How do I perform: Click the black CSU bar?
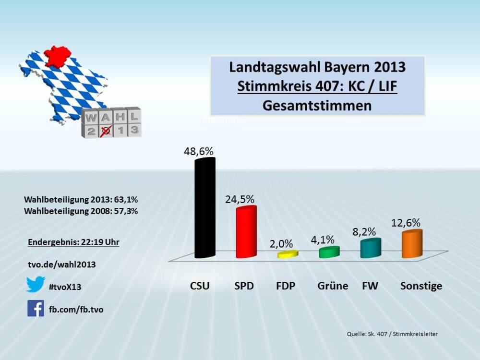pyautogui.click(x=204, y=209)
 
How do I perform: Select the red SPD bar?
pyautogui.click(x=246, y=233)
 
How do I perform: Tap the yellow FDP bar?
pyautogui.click(x=288, y=254)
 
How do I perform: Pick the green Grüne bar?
pyautogui.click(x=329, y=252)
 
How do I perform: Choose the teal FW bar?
pyautogui.click(x=371, y=248)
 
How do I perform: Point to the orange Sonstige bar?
pyautogui.click(x=412, y=244)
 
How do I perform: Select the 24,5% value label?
pyautogui.click(x=240, y=199)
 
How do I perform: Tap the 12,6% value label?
pyautogui.click(x=406, y=223)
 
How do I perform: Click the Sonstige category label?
pyautogui.click(x=421, y=286)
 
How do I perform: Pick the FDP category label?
pyautogui.click(x=286, y=286)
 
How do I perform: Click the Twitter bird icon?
pyautogui.click(x=36, y=284)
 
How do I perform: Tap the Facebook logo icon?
pyautogui.click(x=36, y=308)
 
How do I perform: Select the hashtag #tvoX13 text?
pyautogui.click(x=65, y=287)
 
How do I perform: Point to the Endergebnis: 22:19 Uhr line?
pyautogui.click(x=73, y=242)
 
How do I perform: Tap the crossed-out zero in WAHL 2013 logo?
pyautogui.click(x=107, y=129)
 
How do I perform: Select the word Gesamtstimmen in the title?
pyautogui.click(x=317, y=105)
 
